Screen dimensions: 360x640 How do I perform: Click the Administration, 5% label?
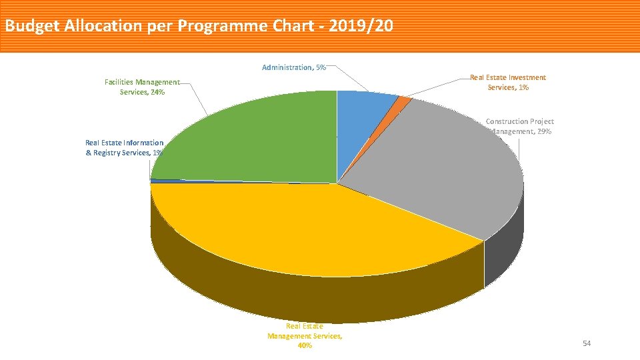[x=294, y=67]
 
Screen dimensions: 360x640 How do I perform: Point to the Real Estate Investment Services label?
[x=507, y=83]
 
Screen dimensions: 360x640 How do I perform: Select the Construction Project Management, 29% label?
[x=520, y=126]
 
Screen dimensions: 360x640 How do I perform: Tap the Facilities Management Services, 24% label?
[x=142, y=87]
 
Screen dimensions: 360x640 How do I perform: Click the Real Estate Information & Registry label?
[x=124, y=147]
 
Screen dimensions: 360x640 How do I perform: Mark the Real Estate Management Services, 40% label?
[x=305, y=336]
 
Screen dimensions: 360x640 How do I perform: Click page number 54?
[x=587, y=343]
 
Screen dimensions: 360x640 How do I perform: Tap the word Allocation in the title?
[x=101, y=26]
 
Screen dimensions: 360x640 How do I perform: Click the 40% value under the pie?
[x=305, y=346]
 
